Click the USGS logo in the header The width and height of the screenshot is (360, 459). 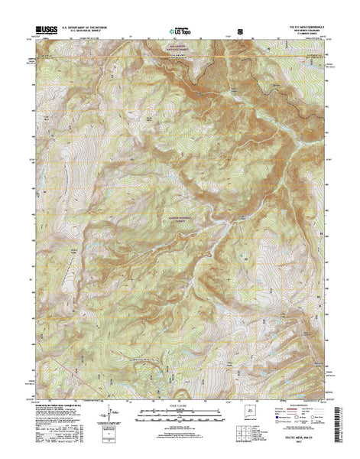[x=46, y=31]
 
